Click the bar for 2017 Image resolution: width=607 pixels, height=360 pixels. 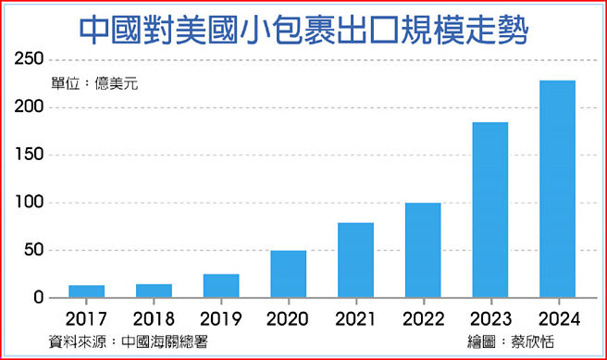tap(87, 292)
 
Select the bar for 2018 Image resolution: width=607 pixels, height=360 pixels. tap(154, 291)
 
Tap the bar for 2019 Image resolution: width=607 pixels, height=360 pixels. tap(221, 286)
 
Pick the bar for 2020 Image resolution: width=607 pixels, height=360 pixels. tap(289, 274)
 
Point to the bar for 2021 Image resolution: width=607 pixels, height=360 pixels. tap(355, 260)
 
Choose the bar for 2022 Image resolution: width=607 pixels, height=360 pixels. tap(423, 250)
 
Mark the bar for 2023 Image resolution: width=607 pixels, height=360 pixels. tap(490, 210)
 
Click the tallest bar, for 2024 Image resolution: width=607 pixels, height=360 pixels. tap(557, 189)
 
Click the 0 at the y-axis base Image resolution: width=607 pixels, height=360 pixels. tap(38, 297)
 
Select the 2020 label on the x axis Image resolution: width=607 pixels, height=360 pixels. tap(289, 318)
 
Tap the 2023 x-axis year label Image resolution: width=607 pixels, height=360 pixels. tap(490, 318)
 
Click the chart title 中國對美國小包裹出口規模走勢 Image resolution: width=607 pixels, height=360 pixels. tap(303, 28)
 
